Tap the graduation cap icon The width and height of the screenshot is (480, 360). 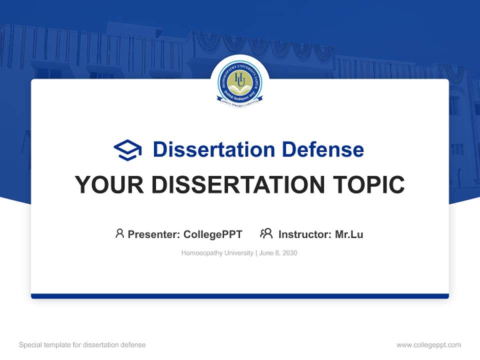click(127, 149)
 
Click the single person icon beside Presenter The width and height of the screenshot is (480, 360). click(119, 233)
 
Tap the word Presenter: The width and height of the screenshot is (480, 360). click(153, 234)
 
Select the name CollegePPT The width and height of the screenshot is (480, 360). click(213, 234)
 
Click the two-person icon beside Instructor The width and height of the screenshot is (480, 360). click(266, 233)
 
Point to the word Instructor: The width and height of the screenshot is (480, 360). click(305, 234)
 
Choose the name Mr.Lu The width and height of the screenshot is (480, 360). click(349, 234)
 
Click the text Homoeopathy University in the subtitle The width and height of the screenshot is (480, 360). click(217, 253)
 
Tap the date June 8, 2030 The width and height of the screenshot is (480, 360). click(278, 253)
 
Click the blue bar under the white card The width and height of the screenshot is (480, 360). click(240, 296)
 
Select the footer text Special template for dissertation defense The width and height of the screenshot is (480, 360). click(82, 345)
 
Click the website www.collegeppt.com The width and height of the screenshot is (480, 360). click(428, 345)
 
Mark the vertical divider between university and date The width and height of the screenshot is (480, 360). click(256, 253)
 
